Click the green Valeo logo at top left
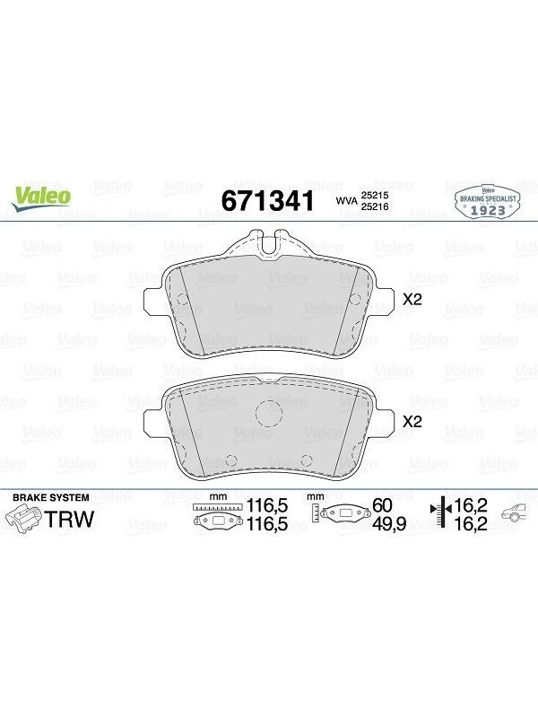pyautogui.click(x=41, y=198)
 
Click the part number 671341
pyautogui.click(x=268, y=200)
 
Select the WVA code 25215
pyautogui.click(x=375, y=195)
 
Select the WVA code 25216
pyautogui.click(x=375, y=206)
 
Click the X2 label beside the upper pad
pyautogui.click(x=412, y=300)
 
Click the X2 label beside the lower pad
pyautogui.click(x=412, y=422)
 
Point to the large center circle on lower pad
pyautogui.click(x=268, y=413)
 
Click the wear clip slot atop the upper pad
pyautogui.click(x=268, y=241)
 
